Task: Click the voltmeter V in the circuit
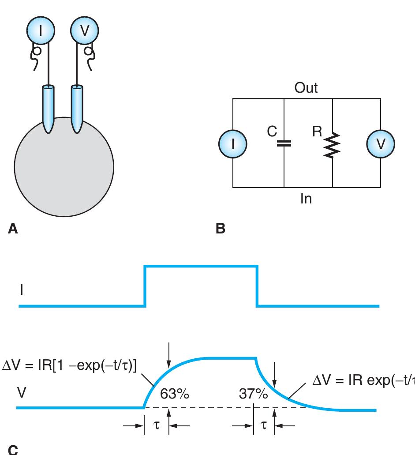(x=381, y=144)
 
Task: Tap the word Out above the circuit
(x=306, y=88)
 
